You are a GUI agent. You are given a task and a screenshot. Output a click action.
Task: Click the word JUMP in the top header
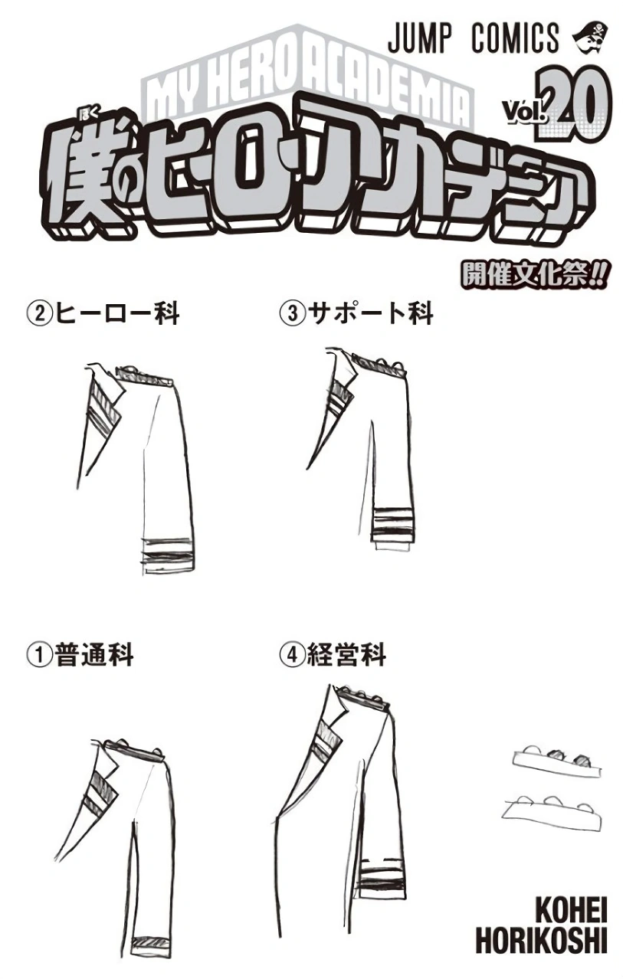point(419,38)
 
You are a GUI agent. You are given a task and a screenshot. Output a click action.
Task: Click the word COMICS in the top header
point(516,38)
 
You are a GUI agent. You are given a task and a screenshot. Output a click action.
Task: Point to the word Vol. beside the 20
point(525,112)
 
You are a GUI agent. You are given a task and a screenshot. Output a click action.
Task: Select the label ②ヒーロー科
point(103,314)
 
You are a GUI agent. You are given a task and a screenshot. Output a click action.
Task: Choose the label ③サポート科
point(356,314)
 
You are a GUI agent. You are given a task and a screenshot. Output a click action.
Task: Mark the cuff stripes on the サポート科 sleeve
point(391,524)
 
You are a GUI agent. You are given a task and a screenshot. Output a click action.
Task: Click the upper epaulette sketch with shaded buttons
point(556,764)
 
